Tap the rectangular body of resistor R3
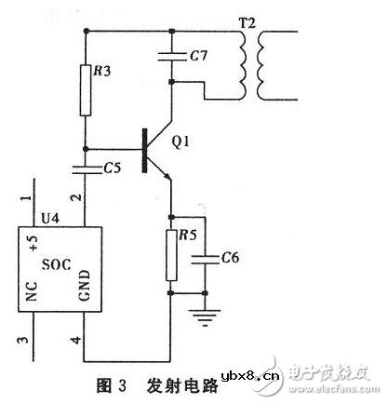[87, 91]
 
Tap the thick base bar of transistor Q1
[147, 148]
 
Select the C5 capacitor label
[113, 169]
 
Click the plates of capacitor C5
[87, 169]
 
